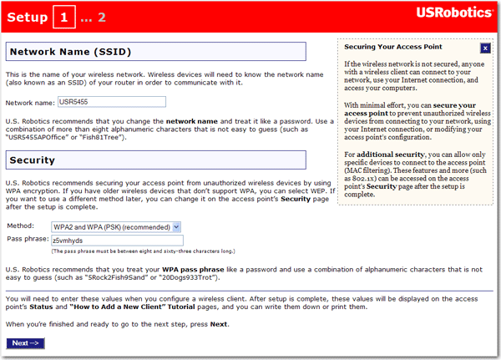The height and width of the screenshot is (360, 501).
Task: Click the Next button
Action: point(27,343)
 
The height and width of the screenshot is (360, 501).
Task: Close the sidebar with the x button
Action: point(485,48)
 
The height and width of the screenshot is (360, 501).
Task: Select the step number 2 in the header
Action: point(102,17)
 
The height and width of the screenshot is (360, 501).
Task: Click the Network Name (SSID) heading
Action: point(70,53)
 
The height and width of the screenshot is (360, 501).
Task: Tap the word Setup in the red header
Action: point(27,17)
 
